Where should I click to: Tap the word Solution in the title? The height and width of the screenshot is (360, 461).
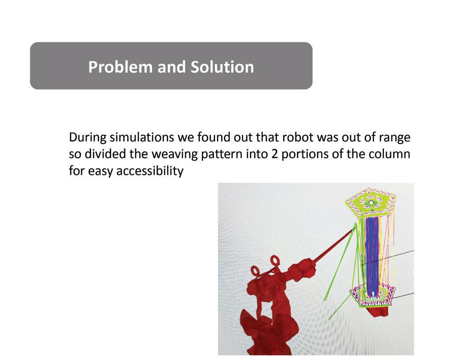click(x=222, y=67)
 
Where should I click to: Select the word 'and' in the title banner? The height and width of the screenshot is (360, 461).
click(x=172, y=67)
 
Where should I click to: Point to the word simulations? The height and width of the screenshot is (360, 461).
click(x=142, y=138)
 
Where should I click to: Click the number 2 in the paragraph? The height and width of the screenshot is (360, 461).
click(x=275, y=154)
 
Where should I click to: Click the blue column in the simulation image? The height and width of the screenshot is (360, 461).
click(x=371, y=255)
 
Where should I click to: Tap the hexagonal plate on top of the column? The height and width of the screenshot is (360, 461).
click(x=371, y=202)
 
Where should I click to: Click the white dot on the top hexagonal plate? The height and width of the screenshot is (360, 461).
click(x=371, y=202)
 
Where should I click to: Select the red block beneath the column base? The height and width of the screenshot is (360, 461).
click(x=379, y=311)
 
